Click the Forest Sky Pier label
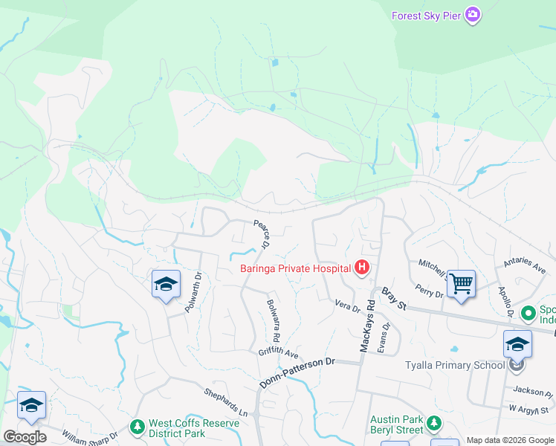coord(426,15)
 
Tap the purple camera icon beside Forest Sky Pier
coord(473,15)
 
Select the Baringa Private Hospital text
coord(296,268)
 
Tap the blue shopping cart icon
coord(461,283)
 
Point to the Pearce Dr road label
coord(261,234)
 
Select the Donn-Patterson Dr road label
coord(298,372)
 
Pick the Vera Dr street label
coord(347,305)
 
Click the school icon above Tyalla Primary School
coord(517,344)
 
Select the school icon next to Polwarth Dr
coord(167,284)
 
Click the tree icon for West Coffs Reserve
coord(137,427)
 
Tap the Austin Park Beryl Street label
coord(396,424)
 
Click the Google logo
coord(25,437)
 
